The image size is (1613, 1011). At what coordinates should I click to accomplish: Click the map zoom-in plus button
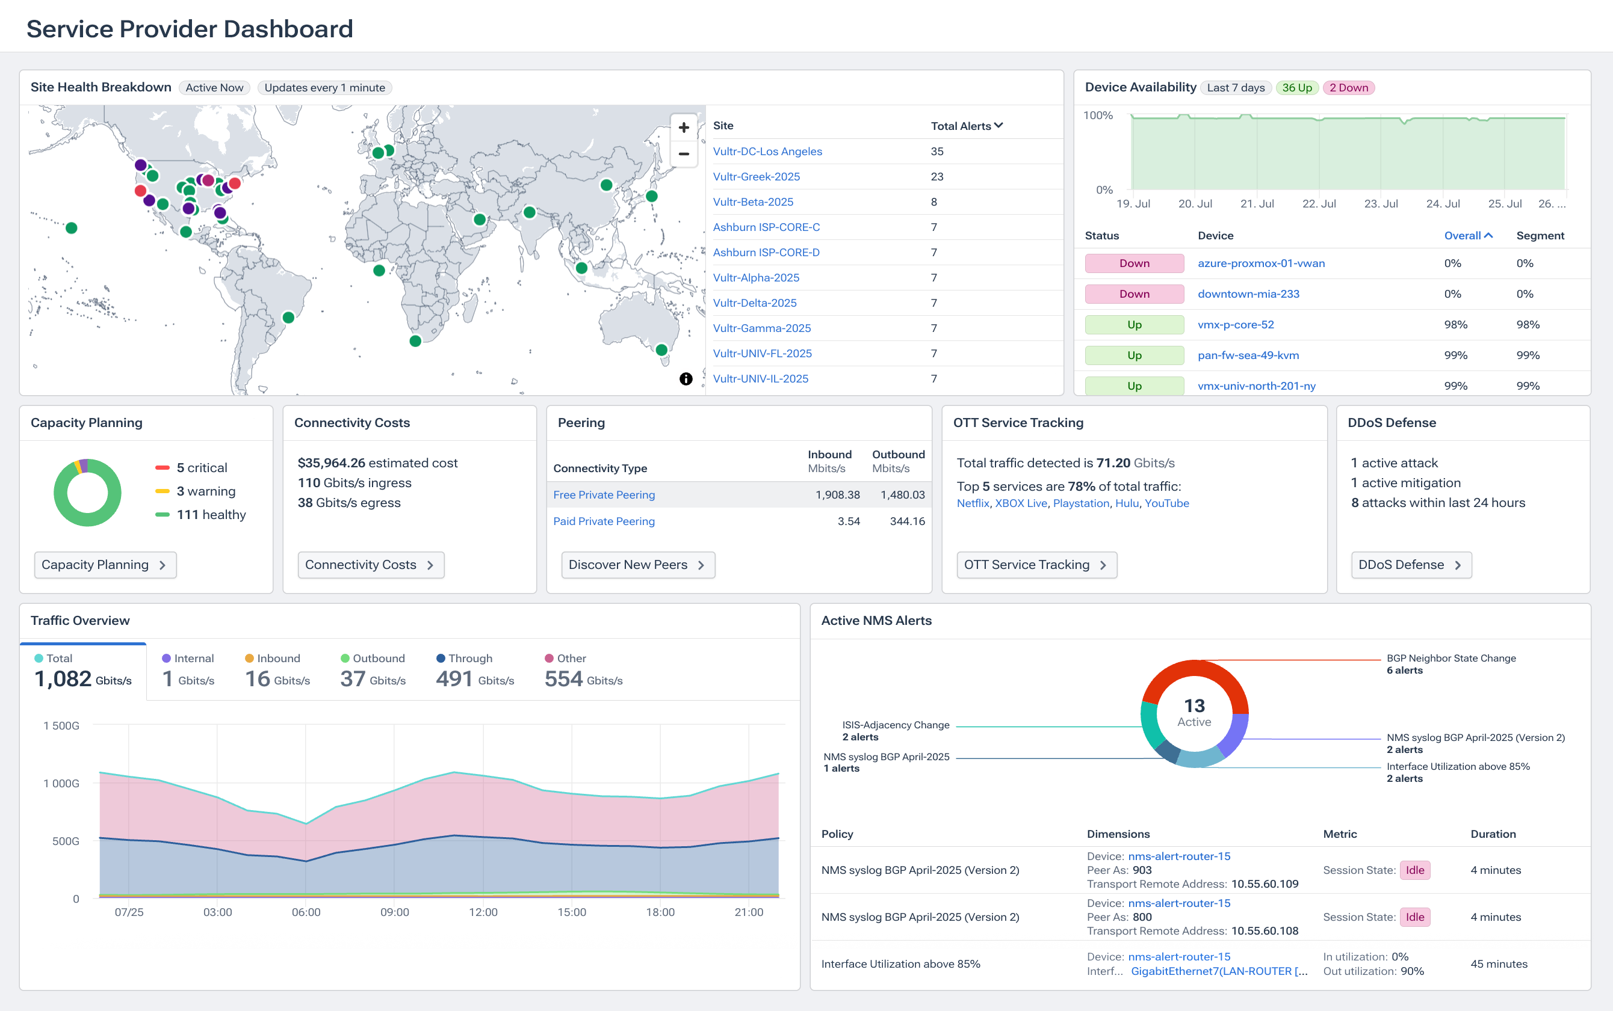point(683,127)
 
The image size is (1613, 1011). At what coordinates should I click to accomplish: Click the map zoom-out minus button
point(683,154)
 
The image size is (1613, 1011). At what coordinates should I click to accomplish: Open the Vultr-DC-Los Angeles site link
point(767,151)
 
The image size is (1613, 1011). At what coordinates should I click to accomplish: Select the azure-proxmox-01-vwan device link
point(1260,263)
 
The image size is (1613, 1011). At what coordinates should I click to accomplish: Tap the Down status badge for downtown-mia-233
point(1134,293)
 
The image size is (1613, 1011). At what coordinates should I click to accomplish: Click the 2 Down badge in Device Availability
point(1348,88)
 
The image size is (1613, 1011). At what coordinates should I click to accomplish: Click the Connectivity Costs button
point(370,564)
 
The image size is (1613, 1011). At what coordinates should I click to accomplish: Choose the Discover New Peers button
point(637,564)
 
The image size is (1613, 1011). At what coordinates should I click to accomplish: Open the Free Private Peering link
point(604,495)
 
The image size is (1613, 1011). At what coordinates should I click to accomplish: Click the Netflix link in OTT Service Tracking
point(972,503)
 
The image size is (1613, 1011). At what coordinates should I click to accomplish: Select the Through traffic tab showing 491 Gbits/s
point(474,671)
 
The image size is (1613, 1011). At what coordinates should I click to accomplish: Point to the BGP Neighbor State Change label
point(1450,658)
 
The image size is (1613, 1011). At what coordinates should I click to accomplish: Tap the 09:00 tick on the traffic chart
point(394,912)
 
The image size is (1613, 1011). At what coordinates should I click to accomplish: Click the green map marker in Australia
point(661,349)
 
